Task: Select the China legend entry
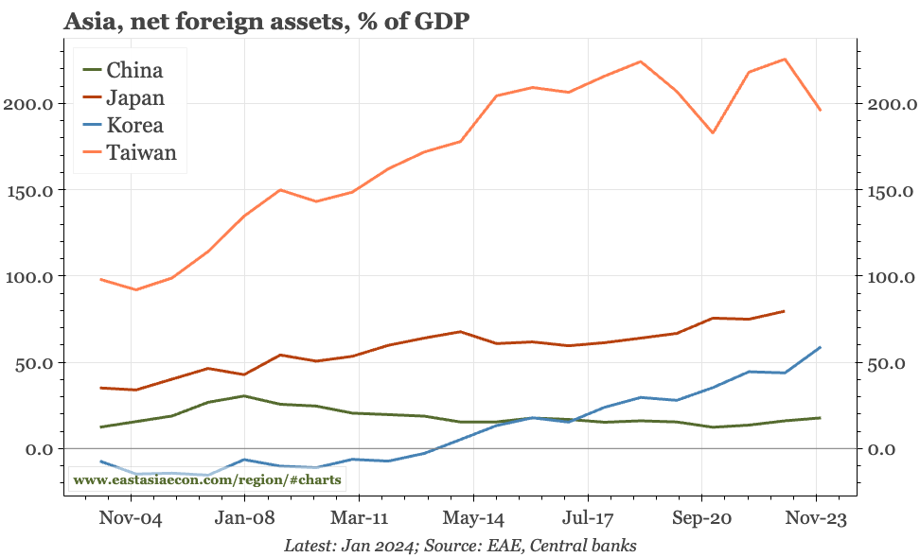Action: (x=133, y=70)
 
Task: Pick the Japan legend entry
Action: (x=135, y=97)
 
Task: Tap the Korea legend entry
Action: (x=134, y=125)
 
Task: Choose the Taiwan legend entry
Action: (x=140, y=152)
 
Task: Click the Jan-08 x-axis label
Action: (x=244, y=519)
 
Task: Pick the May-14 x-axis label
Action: (x=473, y=519)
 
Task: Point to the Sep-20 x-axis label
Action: (x=701, y=519)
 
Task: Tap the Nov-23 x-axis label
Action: (x=817, y=519)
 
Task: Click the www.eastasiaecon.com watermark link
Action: (x=206, y=479)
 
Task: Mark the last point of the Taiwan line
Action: (x=820, y=111)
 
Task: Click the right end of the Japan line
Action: (x=784, y=311)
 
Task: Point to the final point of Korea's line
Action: (x=820, y=347)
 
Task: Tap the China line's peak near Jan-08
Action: (x=244, y=396)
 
